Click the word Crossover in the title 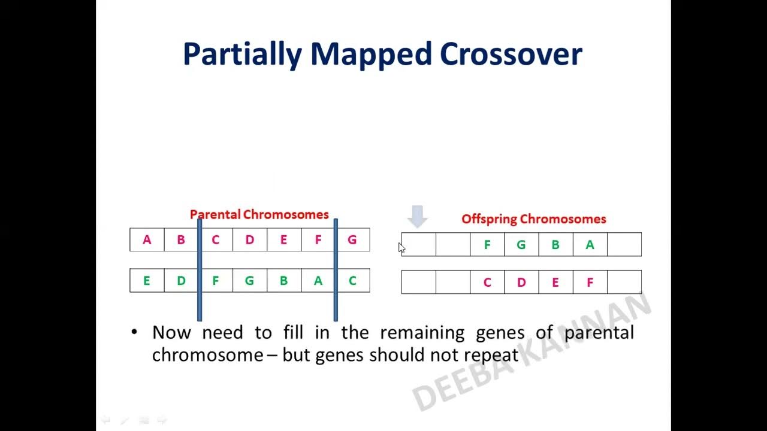pyautogui.click(x=511, y=54)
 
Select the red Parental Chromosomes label pyautogui.click(x=259, y=214)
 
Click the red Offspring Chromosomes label pyautogui.click(x=533, y=219)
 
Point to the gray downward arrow pyautogui.click(x=418, y=216)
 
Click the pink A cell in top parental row pyautogui.click(x=147, y=240)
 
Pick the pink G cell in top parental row pyautogui.click(x=352, y=240)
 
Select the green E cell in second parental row pyautogui.click(x=147, y=281)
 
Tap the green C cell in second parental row pyautogui.click(x=352, y=281)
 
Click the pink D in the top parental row pyautogui.click(x=250, y=240)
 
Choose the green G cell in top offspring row pyautogui.click(x=521, y=245)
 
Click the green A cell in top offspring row pyautogui.click(x=590, y=245)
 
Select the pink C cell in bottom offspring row pyautogui.click(x=487, y=283)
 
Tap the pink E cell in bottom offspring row pyautogui.click(x=555, y=283)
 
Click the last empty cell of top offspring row pyautogui.click(x=624, y=245)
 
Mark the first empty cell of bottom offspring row pyautogui.click(x=418, y=283)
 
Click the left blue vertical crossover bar pyautogui.click(x=200, y=269)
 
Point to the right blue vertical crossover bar pyautogui.click(x=336, y=269)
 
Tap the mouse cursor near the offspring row pyautogui.click(x=401, y=248)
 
